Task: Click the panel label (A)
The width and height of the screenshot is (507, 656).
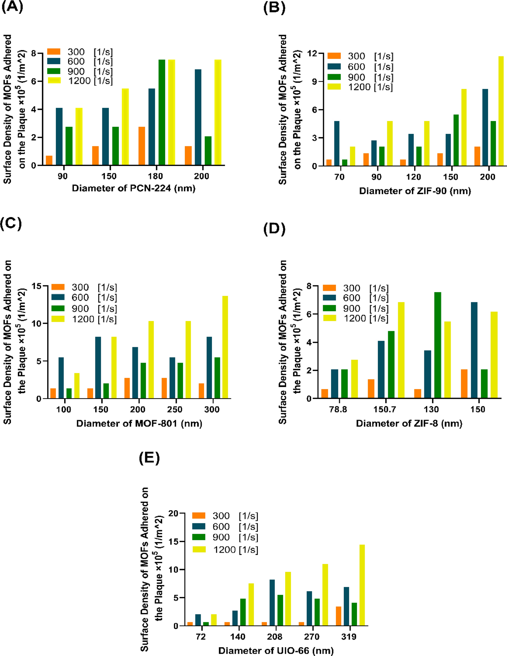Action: tap(12, 6)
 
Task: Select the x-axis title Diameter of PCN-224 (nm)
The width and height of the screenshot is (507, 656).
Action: tap(133, 188)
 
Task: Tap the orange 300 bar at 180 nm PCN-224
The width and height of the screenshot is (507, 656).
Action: tap(142, 146)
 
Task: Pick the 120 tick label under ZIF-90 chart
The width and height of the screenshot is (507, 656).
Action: tap(413, 177)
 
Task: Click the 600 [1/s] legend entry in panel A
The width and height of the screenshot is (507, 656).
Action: tap(80, 62)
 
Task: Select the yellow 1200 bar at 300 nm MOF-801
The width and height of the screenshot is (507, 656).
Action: tap(225, 347)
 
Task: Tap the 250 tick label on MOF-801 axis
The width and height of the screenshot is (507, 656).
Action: tap(175, 409)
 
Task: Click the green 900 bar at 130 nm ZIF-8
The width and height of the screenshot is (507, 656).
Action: tap(438, 345)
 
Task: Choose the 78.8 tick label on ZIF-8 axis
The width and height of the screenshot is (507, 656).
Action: tap(338, 409)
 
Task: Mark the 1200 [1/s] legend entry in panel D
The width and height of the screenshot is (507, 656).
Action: tap(355, 318)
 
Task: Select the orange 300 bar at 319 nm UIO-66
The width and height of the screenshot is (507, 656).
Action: tap(338, 616)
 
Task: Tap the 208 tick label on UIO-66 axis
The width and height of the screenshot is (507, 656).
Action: tap(274, 637)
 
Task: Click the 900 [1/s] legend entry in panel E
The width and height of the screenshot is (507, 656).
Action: tap(225, 537)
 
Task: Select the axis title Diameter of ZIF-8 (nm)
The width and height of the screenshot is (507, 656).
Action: tap(409, 424)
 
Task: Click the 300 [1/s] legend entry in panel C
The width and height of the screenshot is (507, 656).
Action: tap(84, 287)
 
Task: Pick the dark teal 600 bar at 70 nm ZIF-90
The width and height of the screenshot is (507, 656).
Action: tap(337, 143)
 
